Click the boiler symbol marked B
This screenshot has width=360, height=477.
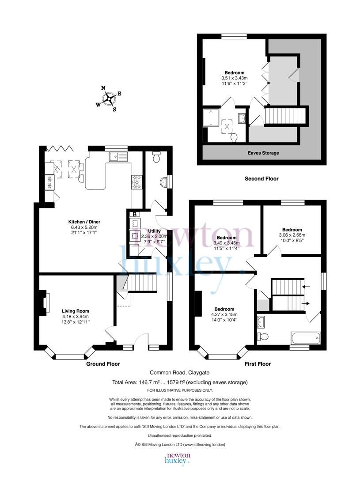click(134, 215)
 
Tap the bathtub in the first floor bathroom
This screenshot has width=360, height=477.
click(305, 339)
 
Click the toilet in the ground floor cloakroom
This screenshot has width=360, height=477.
click(155, 156)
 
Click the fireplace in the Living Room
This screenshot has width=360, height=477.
click(44, 303)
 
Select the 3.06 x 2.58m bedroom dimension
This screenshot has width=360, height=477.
click(292, 235)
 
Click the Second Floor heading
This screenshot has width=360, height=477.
click(261, 179)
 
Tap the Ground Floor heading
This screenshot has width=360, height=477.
click(103, 364)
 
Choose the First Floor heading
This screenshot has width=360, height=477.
click(258, 364)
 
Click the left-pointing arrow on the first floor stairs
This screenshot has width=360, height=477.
click(307, 287)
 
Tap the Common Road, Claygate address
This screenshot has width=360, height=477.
click(180, 372)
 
